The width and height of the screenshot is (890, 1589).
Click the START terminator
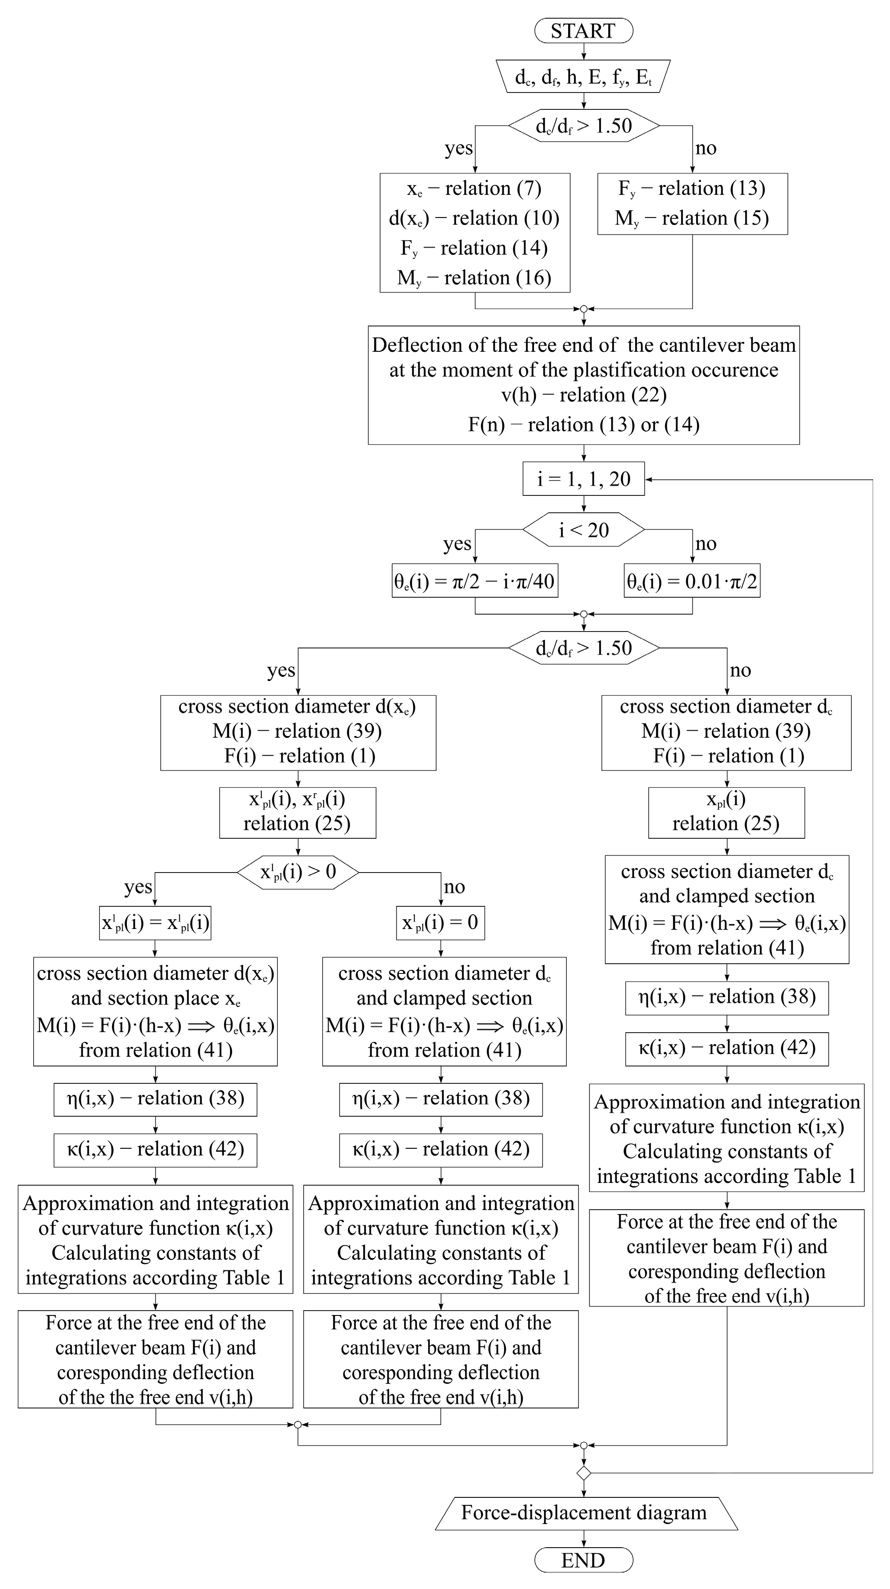point(583,31)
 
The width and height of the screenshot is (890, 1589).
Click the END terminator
point(583,1560)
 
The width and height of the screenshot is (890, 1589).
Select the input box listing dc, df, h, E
point(583,76)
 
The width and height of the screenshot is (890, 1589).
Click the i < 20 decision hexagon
point(583,529)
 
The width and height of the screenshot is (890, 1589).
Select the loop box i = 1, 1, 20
point(583,479)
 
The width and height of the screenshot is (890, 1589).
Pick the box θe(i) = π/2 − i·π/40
point(474,580)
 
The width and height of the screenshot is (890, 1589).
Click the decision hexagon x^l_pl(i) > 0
point(298,872)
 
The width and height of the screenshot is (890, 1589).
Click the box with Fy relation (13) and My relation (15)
point(692,204)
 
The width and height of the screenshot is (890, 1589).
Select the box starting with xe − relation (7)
point(474,233)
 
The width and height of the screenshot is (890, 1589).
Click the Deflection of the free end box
point(583,385)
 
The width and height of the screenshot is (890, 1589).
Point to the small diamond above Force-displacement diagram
point(583,1473)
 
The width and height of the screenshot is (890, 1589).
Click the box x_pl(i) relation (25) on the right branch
point(726,812)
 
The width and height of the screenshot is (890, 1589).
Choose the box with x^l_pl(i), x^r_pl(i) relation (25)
point(297,812)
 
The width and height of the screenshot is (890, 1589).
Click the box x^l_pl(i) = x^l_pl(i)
point(155,922)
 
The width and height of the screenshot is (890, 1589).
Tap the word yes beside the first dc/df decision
point(458,148)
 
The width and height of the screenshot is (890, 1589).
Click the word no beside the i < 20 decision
point(706,543)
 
